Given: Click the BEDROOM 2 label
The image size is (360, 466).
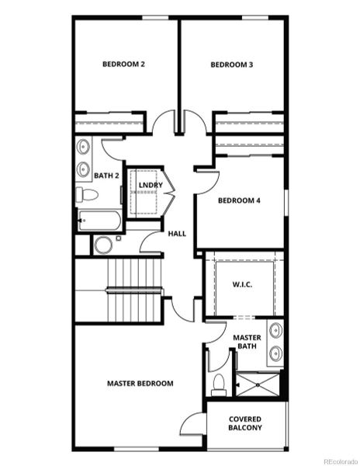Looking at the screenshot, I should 124,64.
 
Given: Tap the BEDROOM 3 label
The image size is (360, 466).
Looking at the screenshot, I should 232,64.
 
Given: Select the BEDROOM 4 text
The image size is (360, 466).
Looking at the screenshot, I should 239,200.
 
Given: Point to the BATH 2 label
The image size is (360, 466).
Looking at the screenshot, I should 106,176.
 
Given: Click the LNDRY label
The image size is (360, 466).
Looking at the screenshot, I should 151,185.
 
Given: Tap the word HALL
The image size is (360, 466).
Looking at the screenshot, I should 177,233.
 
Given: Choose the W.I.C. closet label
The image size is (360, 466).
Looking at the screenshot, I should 243,285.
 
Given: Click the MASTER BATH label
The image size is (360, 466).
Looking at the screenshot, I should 247,341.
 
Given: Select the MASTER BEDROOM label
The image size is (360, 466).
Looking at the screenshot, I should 140,383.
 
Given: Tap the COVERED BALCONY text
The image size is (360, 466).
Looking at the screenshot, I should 245,423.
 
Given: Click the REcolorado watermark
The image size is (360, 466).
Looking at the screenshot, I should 340,460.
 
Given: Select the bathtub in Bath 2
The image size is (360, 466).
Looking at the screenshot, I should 99,221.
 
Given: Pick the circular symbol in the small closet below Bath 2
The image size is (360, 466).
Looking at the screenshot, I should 103,245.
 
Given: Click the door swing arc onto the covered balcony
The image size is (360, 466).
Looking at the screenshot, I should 192,426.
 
